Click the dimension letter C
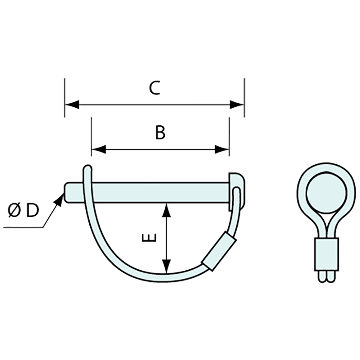155,88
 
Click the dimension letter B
160,133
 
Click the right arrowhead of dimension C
237,105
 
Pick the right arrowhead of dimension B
222,150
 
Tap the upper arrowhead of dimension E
167,210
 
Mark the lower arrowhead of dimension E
167,266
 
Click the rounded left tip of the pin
67,192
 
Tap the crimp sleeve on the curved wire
219,251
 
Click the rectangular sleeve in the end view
326,254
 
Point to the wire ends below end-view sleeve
326,277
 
